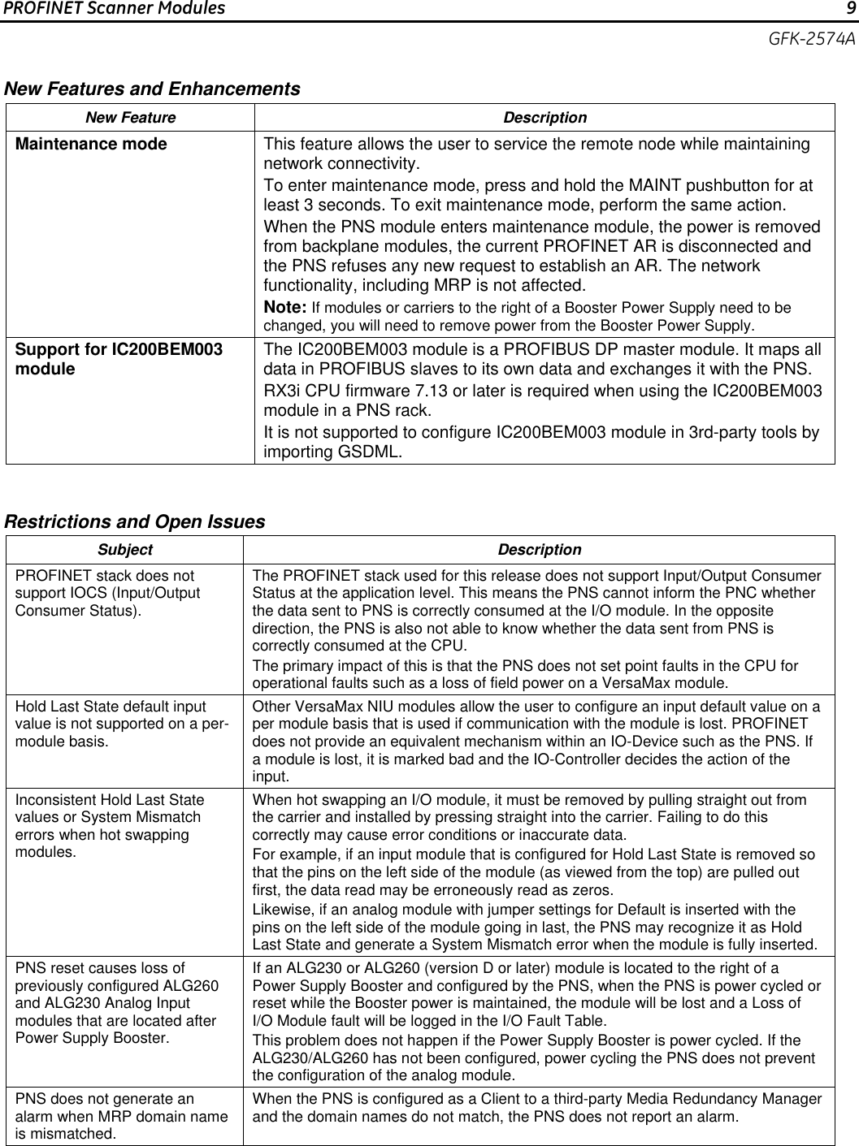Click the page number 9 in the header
coord(849,9)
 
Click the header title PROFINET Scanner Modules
coord(114,9)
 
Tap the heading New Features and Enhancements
coord(152,89)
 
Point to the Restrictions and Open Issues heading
coord(135,521)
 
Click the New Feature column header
coord(130,118)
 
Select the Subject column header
coord(124,550)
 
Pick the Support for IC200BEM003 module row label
coord(119,359)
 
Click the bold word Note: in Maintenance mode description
coord(285,308)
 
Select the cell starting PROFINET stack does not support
coord(107,593)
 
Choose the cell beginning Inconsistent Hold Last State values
coord(110,826)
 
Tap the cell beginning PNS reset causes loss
coord(116,1003)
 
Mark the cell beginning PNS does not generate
coord(121,1116)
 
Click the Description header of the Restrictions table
coord(539,550)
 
